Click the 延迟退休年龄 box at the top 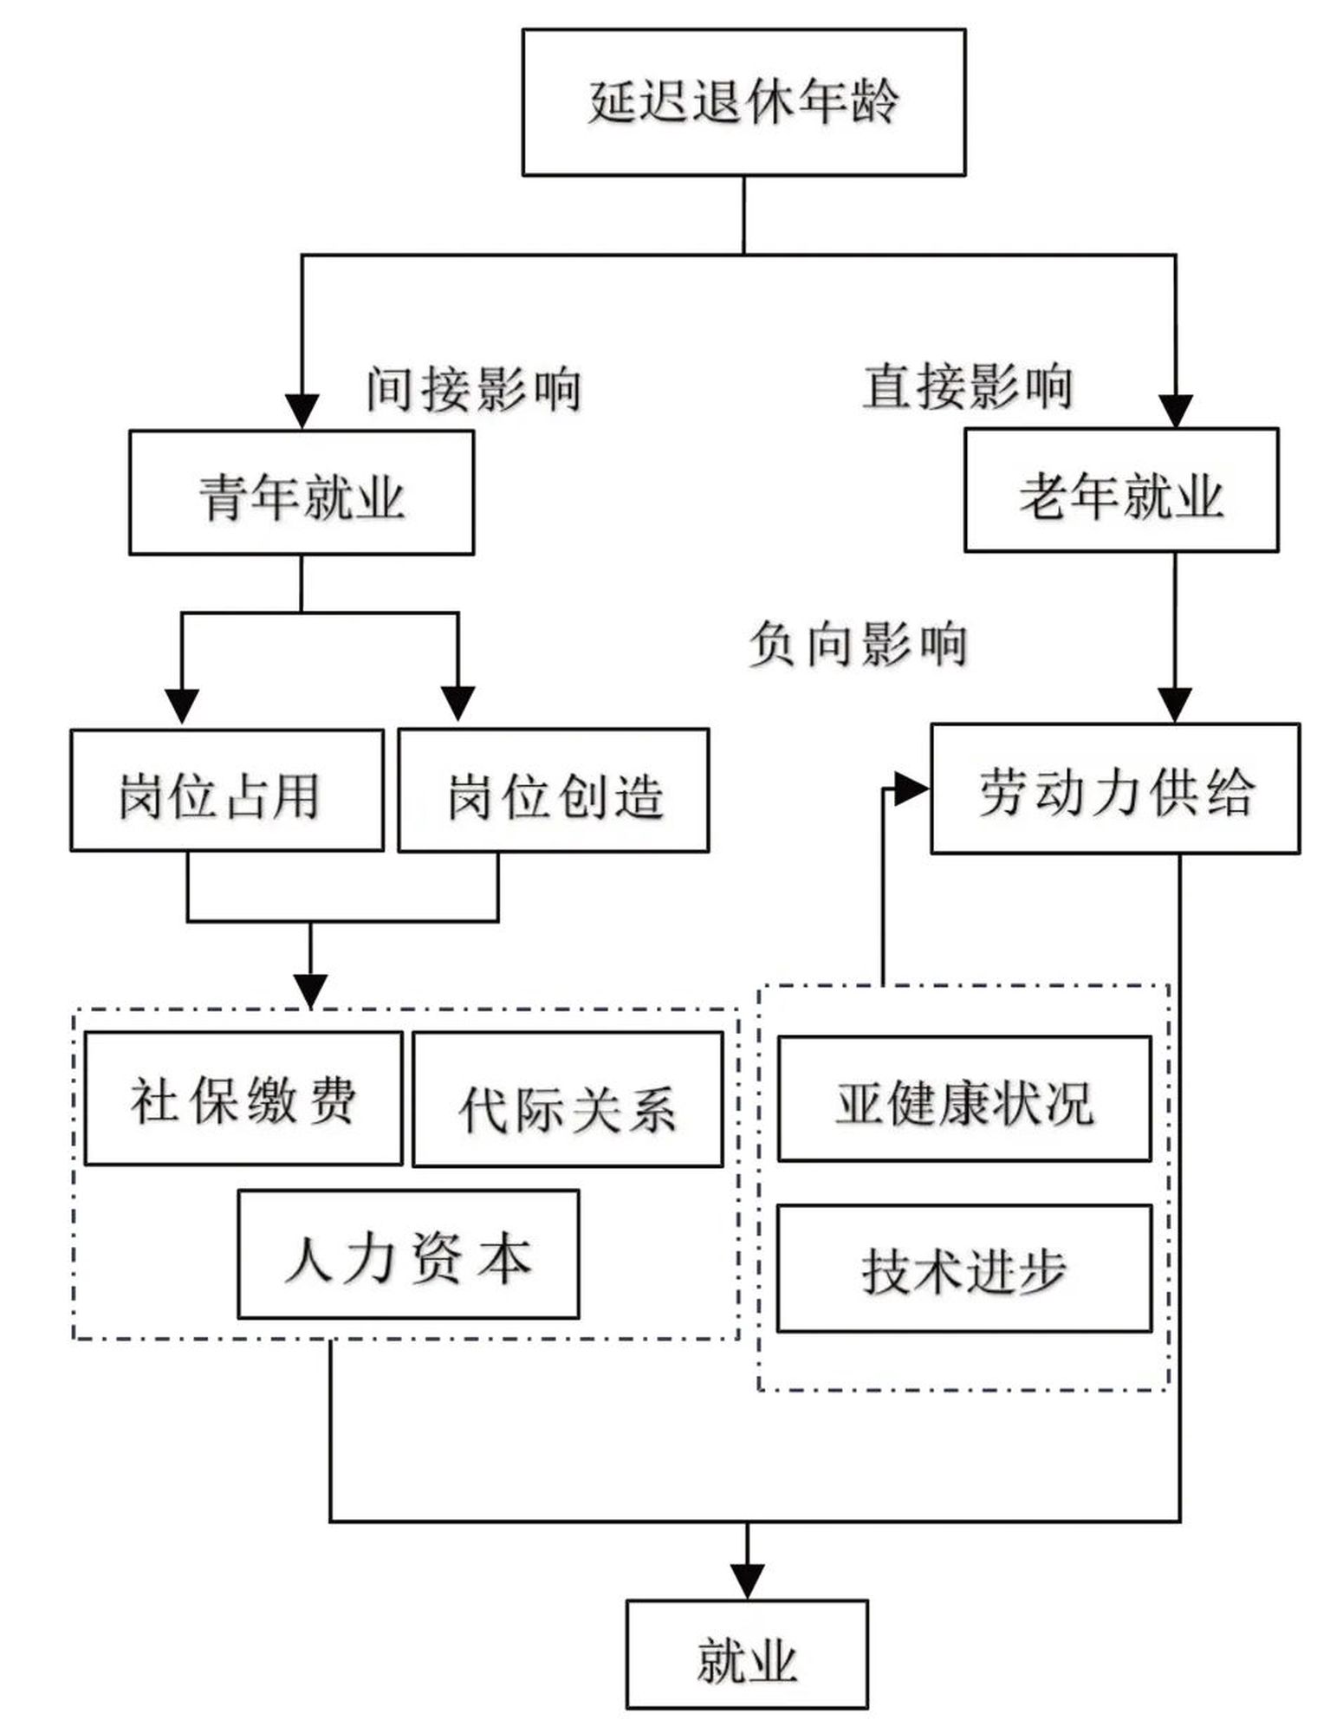pyautogui.click(x=743, y=102)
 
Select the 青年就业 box pyautogui.click(x=302, y=492)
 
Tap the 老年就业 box pyautogui.click(x=1121, y=490)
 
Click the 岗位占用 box pyautogui.click(x=226, y=790)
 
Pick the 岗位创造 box pyautogui.click(x=553, y=790)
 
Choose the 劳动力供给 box pyautogui.click(x=1115, y=789)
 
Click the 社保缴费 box pyautogui.click(x=243, y=1098)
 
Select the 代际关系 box pyautogui.click(x=568, y=1100)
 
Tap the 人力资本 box pyautogui.click(x=408, y=1254)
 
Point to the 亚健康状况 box pyautogui.click(x=964, y=1099)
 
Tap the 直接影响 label pyautogui.click(x=967, y=386)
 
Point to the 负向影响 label pyautogui.click(x=857, y=644)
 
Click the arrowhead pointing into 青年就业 pyautogui.click(x=302, y=412)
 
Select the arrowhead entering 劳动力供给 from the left pyautogui.click(x=912, y=789)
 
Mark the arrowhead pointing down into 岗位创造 pyautogui.click(x=458, y=704)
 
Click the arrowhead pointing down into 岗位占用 pyautogui.click(x=182, y=705)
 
